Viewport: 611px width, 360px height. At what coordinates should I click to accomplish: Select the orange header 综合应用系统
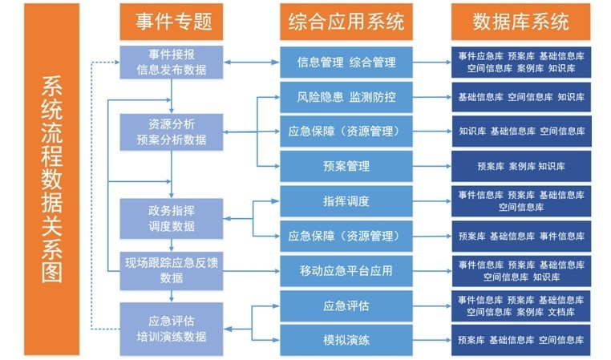pyautogui.click(x=346, y=22)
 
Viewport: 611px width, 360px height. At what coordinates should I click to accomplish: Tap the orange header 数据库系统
pyautogui.click(x=520, y=22)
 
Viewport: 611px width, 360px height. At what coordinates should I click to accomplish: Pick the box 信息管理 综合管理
pyautogui.click(x=346, y=62)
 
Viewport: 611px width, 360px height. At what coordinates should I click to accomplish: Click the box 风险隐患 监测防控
pyautogui.click(x=346, y=97)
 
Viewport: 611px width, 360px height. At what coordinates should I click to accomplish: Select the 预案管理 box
pyautogui.click(x=346, y=166)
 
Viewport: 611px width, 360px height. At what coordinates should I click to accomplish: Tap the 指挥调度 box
pyautogui.click(x=346, y=200)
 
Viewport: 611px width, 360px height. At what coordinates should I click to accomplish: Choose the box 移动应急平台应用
pyautogui.click(x=346, y=270)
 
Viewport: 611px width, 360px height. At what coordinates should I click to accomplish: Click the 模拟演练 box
pyautogui.click(x=346, y=340)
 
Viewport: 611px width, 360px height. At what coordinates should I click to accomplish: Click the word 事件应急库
pyautogui.click(x=480, y=55)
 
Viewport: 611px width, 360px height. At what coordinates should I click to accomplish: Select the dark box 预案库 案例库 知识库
pyautogui.click(x=520, y=166)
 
